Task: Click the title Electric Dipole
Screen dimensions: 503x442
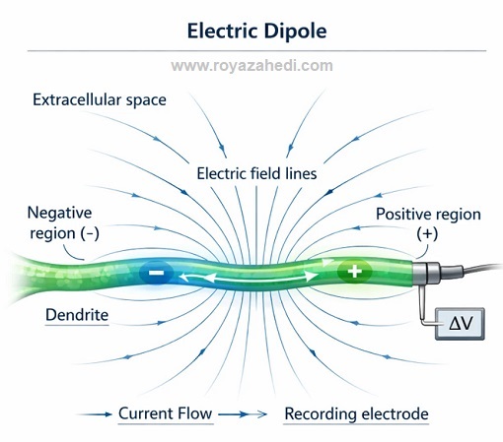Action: point(256,32)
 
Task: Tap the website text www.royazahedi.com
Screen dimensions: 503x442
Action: point(251,66)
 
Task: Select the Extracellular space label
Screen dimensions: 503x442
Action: point(100,99)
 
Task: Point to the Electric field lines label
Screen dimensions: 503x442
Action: point(256,173)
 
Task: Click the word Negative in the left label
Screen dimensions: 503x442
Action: point(59,213)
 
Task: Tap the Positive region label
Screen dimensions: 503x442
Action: point(428,214)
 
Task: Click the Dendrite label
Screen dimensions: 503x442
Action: point(77,315)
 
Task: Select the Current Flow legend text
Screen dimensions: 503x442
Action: point(165,413)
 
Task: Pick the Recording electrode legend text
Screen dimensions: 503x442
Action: point(356,413)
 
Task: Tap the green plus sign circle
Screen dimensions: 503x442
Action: point(354,272)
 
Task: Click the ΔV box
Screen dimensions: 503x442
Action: point(460,324)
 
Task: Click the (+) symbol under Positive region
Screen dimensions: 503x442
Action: point(427,234)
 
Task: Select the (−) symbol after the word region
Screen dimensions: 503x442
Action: point(90,233)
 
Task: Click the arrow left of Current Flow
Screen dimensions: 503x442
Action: point(95,414)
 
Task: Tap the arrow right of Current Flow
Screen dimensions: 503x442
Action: point(243,414)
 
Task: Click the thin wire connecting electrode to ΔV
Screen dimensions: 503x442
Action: point(423,308)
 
